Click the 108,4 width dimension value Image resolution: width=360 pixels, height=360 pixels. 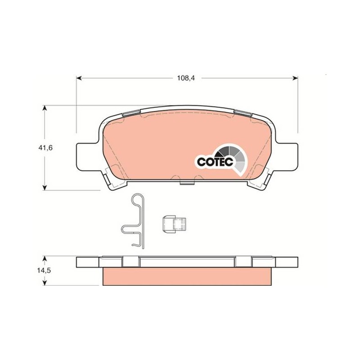point(186,78)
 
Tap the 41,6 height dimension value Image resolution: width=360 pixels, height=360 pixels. point(45,148)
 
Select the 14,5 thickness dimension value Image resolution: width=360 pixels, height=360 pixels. point(44,270)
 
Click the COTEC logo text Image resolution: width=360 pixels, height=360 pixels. point(215,162)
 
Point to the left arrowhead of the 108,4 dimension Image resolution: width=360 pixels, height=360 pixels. point(79,78)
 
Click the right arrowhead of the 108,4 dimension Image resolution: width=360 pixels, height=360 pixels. point(295,78)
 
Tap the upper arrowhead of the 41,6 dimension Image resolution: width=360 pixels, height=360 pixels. point(45,108)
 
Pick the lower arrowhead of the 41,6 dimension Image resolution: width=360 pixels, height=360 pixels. point(45,187)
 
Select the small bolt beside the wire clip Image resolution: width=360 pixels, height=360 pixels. point(174,224)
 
